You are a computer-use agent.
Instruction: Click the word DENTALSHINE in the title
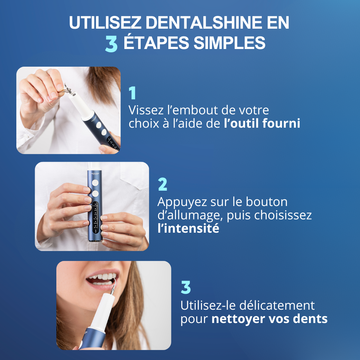(204, 23)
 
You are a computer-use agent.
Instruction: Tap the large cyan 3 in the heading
(111, 44)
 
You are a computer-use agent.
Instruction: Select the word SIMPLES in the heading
(229, 43)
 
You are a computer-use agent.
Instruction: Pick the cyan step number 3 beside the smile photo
(186, 287)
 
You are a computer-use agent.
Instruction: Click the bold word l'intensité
(188, 228)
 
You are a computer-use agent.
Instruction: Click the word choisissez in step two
(283, 215)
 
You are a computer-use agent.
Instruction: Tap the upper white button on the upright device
(95, 183)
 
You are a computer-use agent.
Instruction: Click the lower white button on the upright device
(95, 194)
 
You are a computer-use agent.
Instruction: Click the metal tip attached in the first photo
(69, 89)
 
